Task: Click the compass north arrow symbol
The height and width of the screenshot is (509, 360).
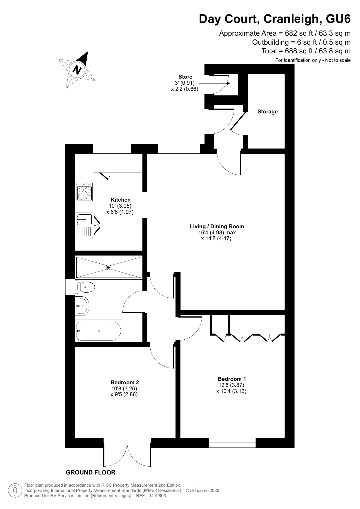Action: click(x=77, y=70)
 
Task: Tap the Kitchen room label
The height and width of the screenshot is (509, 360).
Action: click(x=121, y=200)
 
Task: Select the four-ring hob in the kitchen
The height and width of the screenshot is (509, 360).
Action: click(x=84, y=192)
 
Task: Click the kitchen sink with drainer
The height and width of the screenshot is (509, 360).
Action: click(x=84, y=225)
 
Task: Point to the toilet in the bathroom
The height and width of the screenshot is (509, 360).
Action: click(x=85, y=287)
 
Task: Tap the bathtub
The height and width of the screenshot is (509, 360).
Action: click(x=99, y=331)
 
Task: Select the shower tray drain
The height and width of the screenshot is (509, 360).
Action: click(x=108, y=267)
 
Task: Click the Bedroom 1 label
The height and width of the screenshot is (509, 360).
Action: click(x=232, y=379)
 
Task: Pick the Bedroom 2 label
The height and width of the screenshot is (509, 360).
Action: click(x=125, y=382)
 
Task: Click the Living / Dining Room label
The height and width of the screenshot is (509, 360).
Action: click(x=217, y=226)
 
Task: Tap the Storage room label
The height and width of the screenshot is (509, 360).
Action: click(x=267, y=112)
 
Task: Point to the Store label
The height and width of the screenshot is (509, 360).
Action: click(x=185, y=77)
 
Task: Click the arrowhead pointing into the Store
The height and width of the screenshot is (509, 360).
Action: click(x=228, y=83)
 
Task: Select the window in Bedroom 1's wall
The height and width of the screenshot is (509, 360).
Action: click(x=232, y=443)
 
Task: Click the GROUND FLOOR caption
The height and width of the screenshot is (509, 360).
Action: click(x=91, y=472)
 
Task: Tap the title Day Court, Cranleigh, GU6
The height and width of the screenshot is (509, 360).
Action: click(x=275, y=19)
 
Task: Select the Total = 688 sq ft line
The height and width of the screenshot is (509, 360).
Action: click(x=306, y=51)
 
